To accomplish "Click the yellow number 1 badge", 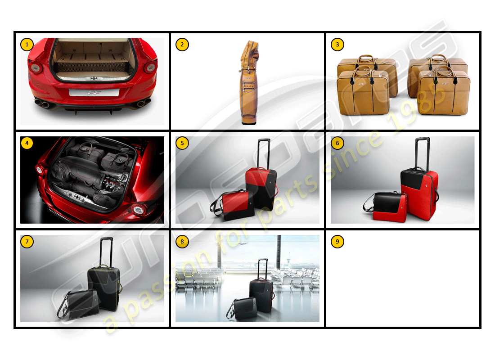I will coord(27,45).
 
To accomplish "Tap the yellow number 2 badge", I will coord(182,45).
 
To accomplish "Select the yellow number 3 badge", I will coord(337,45).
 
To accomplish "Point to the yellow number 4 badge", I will coord(27,143).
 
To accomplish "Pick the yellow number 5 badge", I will coord(182,143).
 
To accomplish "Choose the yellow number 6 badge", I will coord(337,143).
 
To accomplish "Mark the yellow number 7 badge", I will coord(27,242).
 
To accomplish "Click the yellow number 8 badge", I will coord(182,242).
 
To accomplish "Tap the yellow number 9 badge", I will coord(337,242).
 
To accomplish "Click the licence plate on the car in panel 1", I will coord(94,93).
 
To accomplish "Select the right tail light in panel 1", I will coord(150,67).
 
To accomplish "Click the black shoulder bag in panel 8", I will coord(245,309).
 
